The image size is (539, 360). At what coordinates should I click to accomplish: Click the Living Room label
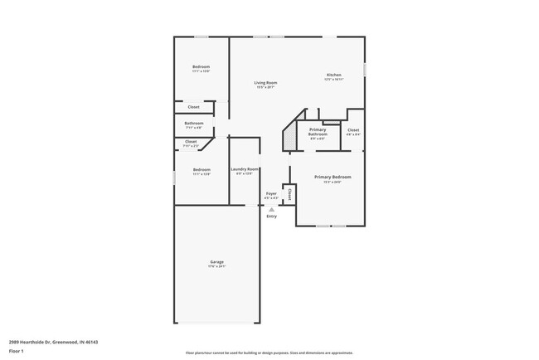pos(265,82)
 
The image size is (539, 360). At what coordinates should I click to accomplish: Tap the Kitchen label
pos(333,75)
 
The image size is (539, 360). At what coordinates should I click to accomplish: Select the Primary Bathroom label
pos(318,131)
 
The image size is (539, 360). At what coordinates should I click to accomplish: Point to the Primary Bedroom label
pos(332,177)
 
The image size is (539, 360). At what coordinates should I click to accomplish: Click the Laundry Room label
pos(245,169)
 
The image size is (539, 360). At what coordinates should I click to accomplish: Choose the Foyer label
pos(271,193)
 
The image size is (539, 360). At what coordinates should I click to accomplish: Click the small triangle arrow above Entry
pos(271,210)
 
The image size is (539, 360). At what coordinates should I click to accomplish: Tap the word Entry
pos(271,216)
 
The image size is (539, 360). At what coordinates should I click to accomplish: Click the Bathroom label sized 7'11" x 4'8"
pos(193,124)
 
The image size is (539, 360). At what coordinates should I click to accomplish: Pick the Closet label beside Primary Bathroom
pos(353,130)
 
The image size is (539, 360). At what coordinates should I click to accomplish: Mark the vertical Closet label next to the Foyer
pos(289,193)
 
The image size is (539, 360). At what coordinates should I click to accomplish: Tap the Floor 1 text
pos(17,351)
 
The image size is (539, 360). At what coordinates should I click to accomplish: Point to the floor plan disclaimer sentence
pos(269,353)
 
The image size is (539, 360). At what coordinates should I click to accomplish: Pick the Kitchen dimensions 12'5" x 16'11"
pos(333,80)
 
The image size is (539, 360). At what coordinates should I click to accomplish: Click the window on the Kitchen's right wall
pos(365,71)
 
